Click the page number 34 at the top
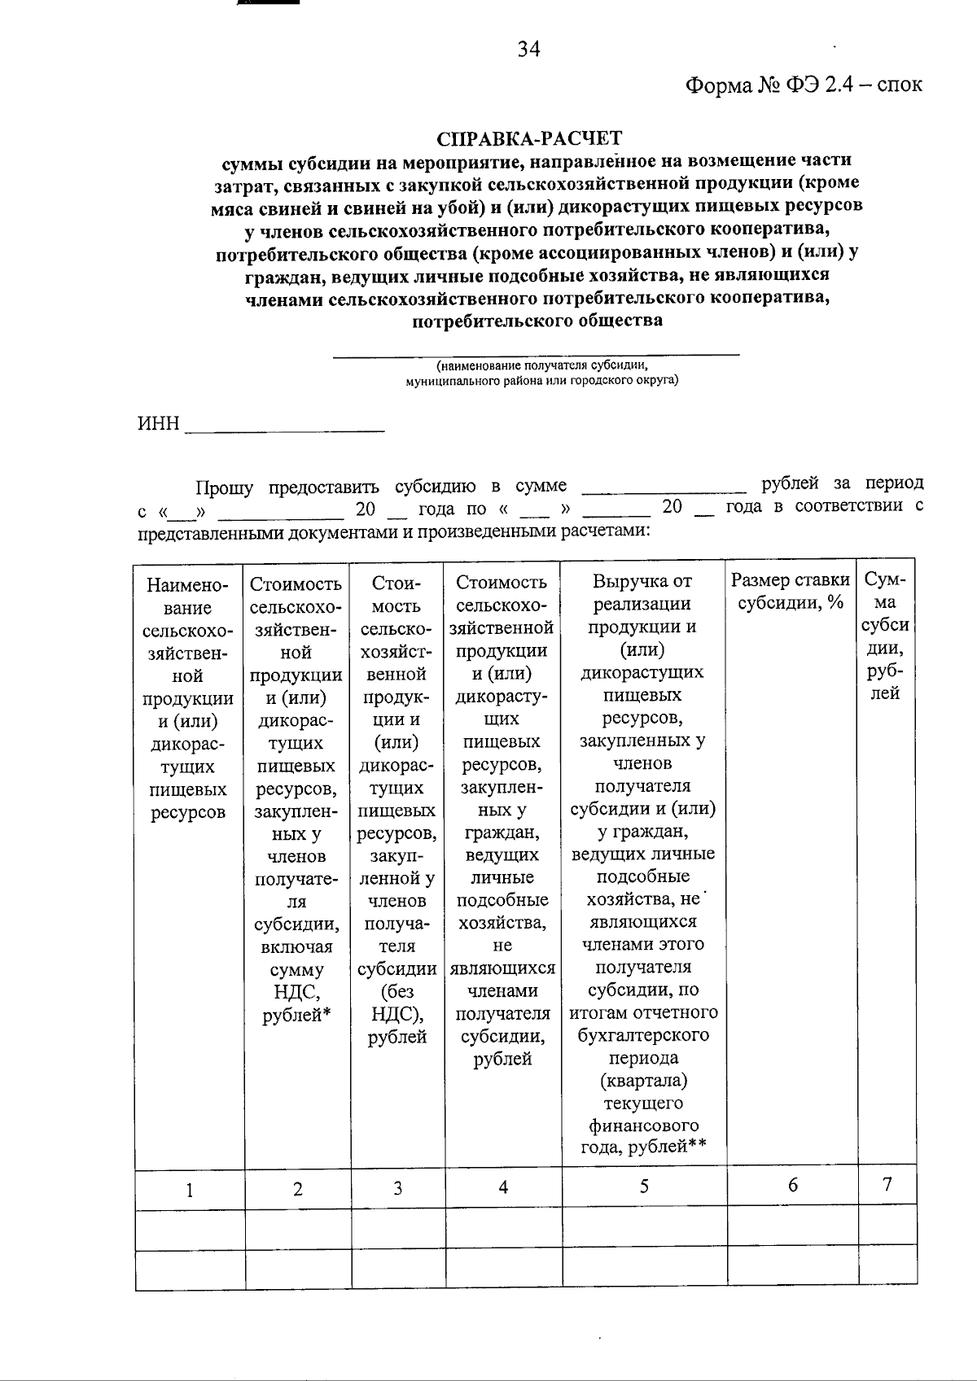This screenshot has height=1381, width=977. click(528, 50)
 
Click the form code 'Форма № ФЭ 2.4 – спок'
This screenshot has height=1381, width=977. click(803, 85)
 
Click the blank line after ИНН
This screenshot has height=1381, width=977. click(285, 429)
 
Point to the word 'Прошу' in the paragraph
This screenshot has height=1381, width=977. click(224, 488)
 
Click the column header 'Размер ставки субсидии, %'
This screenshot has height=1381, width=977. click(791, 592)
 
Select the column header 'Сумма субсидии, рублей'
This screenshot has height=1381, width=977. click(886, 636)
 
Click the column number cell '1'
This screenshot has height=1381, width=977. click(190, 1191)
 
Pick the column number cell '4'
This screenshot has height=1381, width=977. click(503, 1188)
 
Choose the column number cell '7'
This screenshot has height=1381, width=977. click(887, 1184)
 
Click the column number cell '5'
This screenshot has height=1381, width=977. click(643, 1187)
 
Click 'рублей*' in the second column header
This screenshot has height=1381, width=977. click(297, 1016)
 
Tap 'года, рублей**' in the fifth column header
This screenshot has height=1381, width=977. click(642, 1147)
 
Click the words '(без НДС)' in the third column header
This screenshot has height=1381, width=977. click(396, 1003)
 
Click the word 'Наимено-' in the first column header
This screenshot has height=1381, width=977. click(187, 585)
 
